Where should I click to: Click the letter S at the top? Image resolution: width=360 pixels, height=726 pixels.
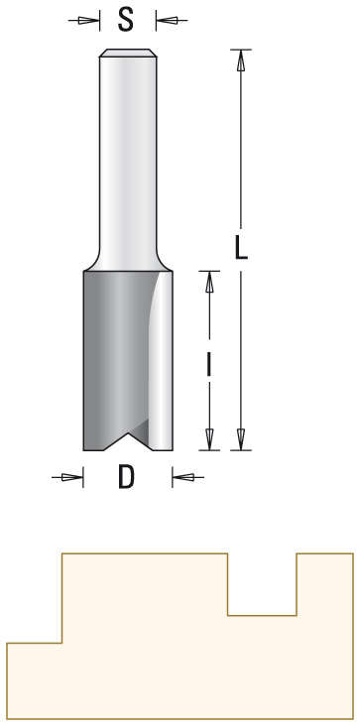(126, 19)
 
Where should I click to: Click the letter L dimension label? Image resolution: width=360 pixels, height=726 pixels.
(241, 246)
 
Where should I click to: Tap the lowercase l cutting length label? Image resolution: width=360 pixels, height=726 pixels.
(208, 364)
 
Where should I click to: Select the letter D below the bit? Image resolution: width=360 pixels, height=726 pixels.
(126, 478)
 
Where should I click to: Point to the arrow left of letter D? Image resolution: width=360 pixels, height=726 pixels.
(68, 478)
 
